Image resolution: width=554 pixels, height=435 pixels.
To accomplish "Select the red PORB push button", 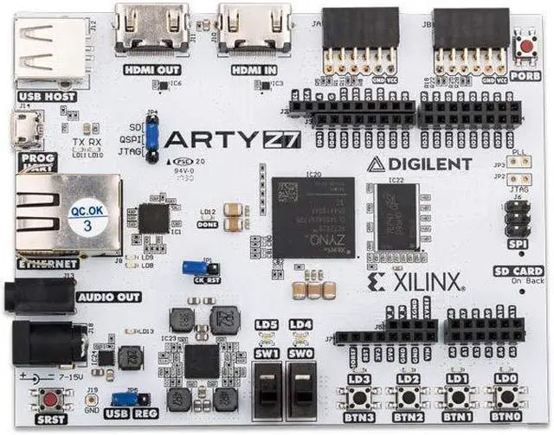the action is [x=525, y=43].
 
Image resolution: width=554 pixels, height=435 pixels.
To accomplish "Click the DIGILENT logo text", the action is [x=420, y=163].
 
